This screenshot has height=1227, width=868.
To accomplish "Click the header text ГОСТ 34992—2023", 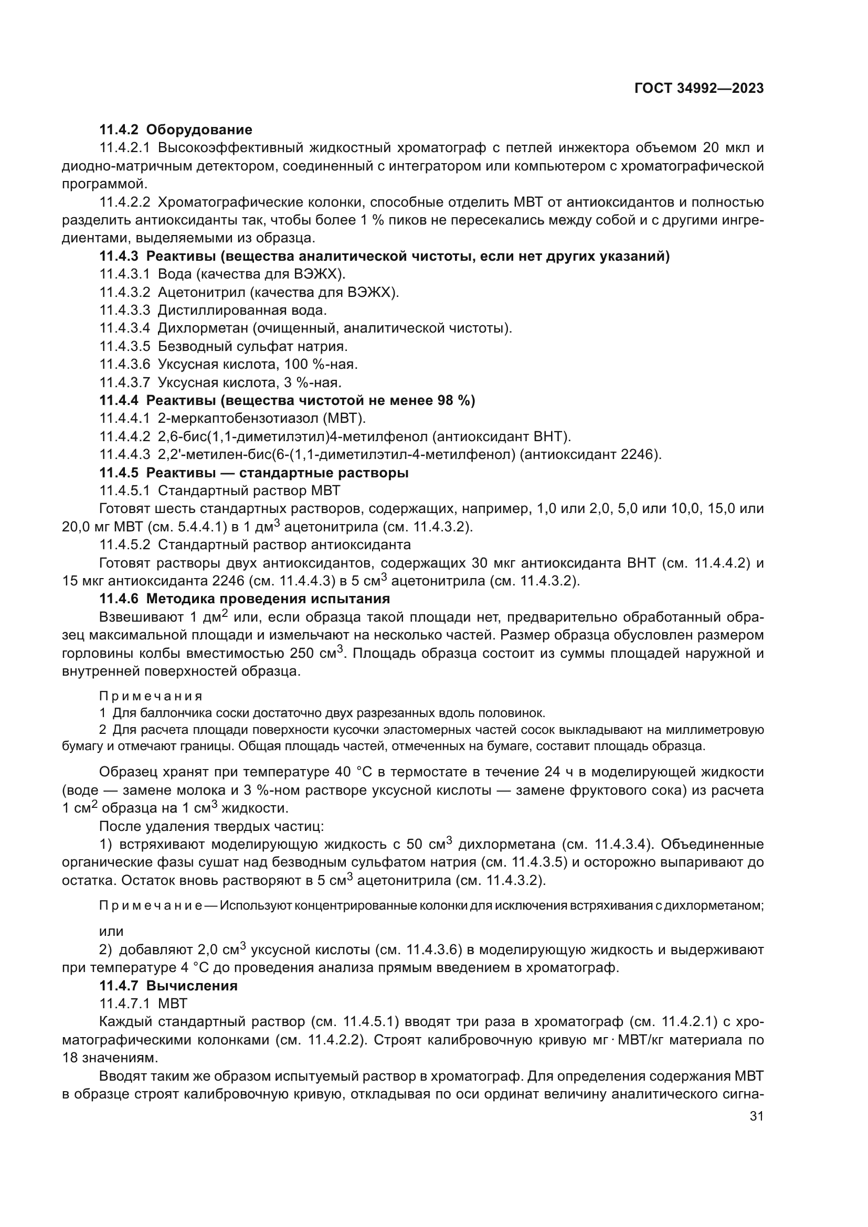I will coord(698,89).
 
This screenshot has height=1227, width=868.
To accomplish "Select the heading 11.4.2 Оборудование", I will coord(176,130).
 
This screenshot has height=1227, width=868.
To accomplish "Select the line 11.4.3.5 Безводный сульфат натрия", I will coord(224,346).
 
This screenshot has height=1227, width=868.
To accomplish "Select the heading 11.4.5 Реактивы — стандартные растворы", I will coord(254,473).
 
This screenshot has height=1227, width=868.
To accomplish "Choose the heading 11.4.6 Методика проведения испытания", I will coord(245,599).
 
